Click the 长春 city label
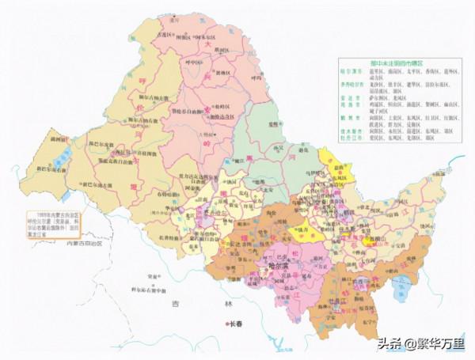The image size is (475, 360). (x=237, y=323)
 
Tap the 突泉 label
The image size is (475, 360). (x=142, y=276)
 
